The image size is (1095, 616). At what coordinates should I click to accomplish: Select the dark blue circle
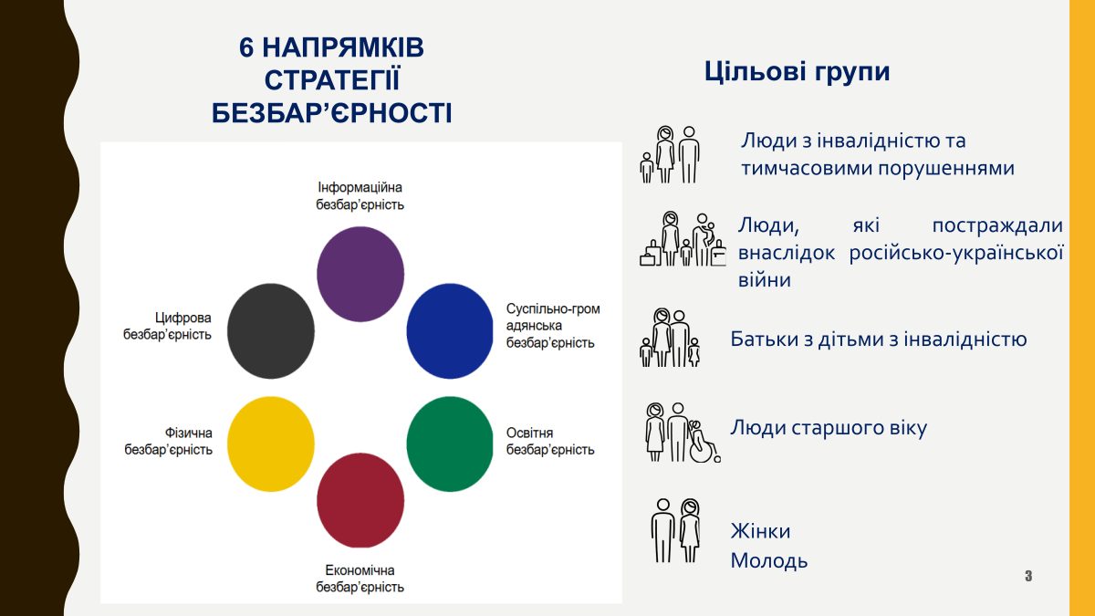(x=449, y=330)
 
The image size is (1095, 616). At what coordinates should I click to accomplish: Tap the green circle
(x=449, y=444)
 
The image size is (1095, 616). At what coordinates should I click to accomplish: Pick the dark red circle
(x=360, y=499)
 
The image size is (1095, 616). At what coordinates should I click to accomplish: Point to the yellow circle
(x=270, y=444)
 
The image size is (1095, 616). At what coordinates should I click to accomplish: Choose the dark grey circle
(x=270, y=330)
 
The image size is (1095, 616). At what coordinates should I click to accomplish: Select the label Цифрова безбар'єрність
(x=168, y=327)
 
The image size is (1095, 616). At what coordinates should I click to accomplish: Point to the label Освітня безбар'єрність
(x=550, y=441)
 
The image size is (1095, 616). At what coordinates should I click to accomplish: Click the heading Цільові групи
(x=797, y=72)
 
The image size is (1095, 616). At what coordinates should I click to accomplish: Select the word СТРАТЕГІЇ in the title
(x=332, y=79)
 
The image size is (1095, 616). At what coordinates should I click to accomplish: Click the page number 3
(x=1028, y=576)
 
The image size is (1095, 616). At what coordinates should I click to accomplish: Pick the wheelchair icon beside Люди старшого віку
(x=703, y=442)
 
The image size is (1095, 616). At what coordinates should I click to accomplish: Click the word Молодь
(x=768, y=560)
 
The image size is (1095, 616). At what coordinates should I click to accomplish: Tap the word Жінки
(x=760, y=531)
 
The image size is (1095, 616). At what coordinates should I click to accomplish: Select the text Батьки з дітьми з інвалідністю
(x=878, y=339)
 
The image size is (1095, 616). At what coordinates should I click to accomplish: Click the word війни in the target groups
(x=764, y=280)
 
